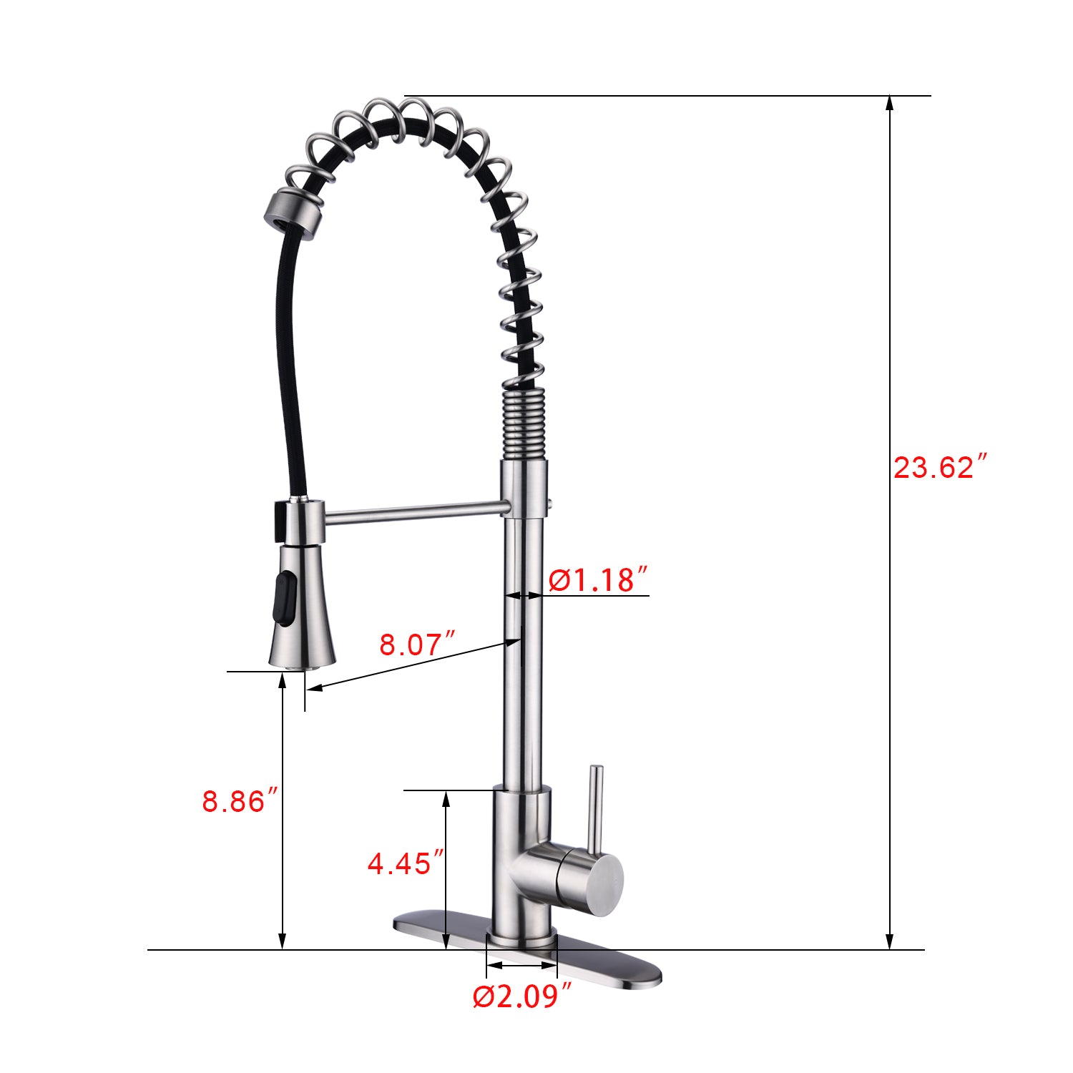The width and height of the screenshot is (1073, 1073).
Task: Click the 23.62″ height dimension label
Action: click(x=940, y=468)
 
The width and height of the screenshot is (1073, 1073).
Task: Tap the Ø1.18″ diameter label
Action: click(x=598, y=579)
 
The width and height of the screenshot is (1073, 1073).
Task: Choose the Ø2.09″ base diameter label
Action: click(x=522, y=996)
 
